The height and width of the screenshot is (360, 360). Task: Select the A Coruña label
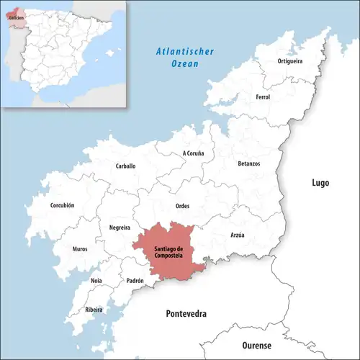pos(193,153)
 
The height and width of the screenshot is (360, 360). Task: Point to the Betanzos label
pos(249,163)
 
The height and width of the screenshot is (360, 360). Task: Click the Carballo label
pos(125,166)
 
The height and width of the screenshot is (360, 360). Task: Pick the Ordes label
pos(182,207)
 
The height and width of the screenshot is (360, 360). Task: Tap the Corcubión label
pos(62,205)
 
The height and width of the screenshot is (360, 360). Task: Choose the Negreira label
pos(119,227)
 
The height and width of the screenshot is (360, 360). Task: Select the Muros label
pos(80,249)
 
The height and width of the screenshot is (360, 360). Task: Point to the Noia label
pos(96,280)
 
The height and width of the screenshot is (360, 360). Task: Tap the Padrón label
pos(135,280)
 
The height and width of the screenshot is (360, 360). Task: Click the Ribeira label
pos(94,310)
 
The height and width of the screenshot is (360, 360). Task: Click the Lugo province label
pos(320,183)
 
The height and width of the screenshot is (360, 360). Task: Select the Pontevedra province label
pos(186,315)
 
